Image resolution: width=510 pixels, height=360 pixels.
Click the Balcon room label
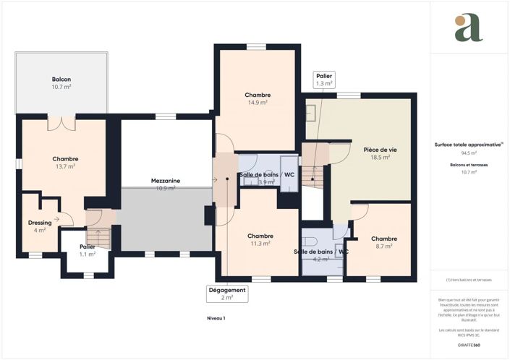pos(61,79)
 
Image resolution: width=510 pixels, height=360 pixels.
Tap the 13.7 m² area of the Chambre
pos(65,166)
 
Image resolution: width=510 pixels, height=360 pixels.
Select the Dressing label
pos(39,223)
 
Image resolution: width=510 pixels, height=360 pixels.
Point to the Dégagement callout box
pos(227,293)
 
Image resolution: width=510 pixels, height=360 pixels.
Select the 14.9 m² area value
pos(258,103)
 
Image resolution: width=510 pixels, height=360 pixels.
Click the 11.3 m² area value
pos(260,244)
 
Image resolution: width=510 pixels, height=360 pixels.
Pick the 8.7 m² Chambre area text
pos(383,247)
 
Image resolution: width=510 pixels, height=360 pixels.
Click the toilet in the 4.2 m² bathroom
pos(309,241)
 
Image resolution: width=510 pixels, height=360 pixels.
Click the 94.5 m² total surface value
pos(469,153)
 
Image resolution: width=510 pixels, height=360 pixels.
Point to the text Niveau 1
pos(215,318)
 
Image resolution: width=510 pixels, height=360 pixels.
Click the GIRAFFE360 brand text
pos(469,346)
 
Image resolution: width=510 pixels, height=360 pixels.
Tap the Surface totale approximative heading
pos(469,145)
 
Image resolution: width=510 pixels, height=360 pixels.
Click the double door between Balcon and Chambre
pos(61,122)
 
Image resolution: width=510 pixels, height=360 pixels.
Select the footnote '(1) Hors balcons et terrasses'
pos(469,280)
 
